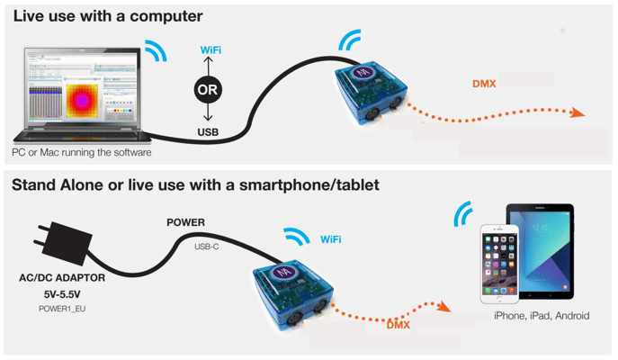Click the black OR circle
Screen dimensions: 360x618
pyautogui.click(x=208, y=89)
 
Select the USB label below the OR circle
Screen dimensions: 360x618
pyautogui.click(x=209, y=131)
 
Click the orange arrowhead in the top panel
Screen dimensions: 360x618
pyautogui.click(x=575, y=113)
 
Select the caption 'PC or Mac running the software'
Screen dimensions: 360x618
pyautogui.click(x=82, y=153)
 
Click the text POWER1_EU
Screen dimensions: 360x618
pyautogui.click(x=62, y=308)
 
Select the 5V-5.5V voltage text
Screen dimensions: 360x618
pyautogui.click(x=62, y=292)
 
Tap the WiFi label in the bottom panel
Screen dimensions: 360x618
pyautogui.click(x=330, y=239)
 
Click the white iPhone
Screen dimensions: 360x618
pyautogui.click(x=501, y=261)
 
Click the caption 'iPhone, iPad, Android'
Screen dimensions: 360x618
pyautogui.click(x=542, y=316)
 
